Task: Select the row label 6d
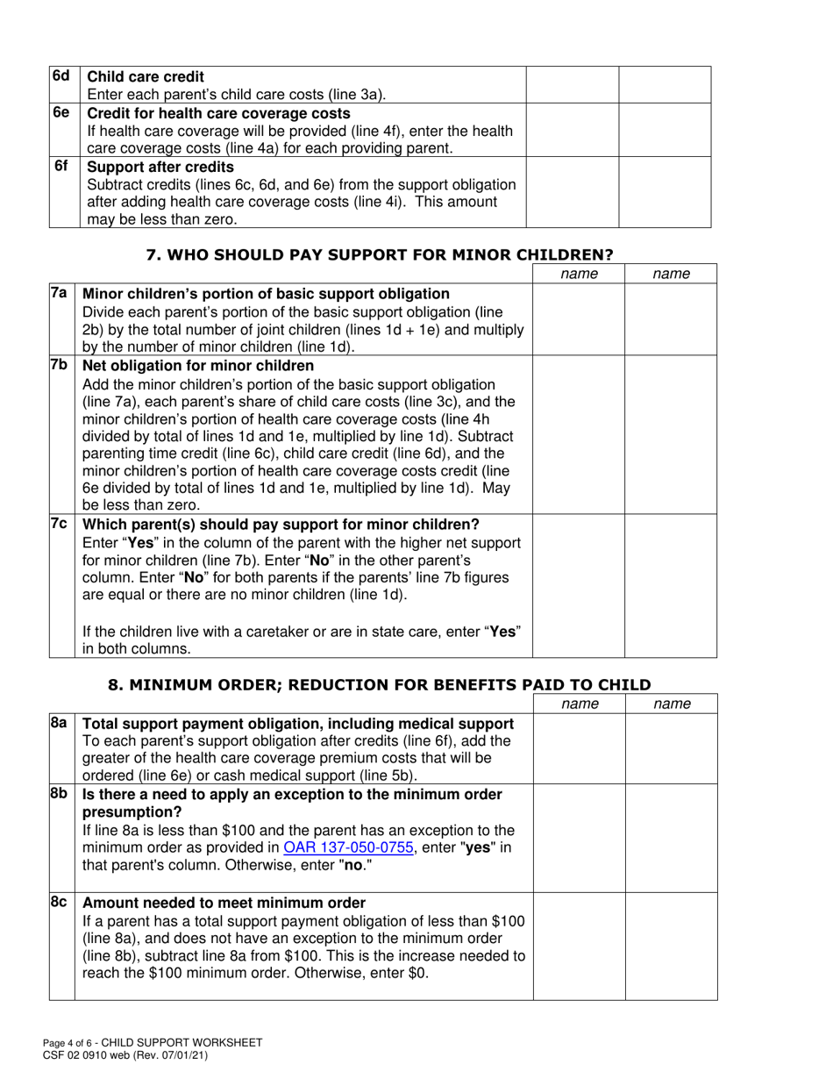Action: tap(61, 76)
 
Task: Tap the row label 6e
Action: tap(61, 113)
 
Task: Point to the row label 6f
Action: tap(61, 166)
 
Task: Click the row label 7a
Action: tap(59, 293)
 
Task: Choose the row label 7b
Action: tap(59, 365)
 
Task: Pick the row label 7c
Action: tap(59, 524)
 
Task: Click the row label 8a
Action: tap(59, 723)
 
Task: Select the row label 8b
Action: tap(59, 794)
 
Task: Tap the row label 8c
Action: tap(59, 903)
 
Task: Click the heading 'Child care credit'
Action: tap(146, 77)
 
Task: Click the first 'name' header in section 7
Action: tap(579, 275)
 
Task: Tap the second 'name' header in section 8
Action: tap(672, 704)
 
